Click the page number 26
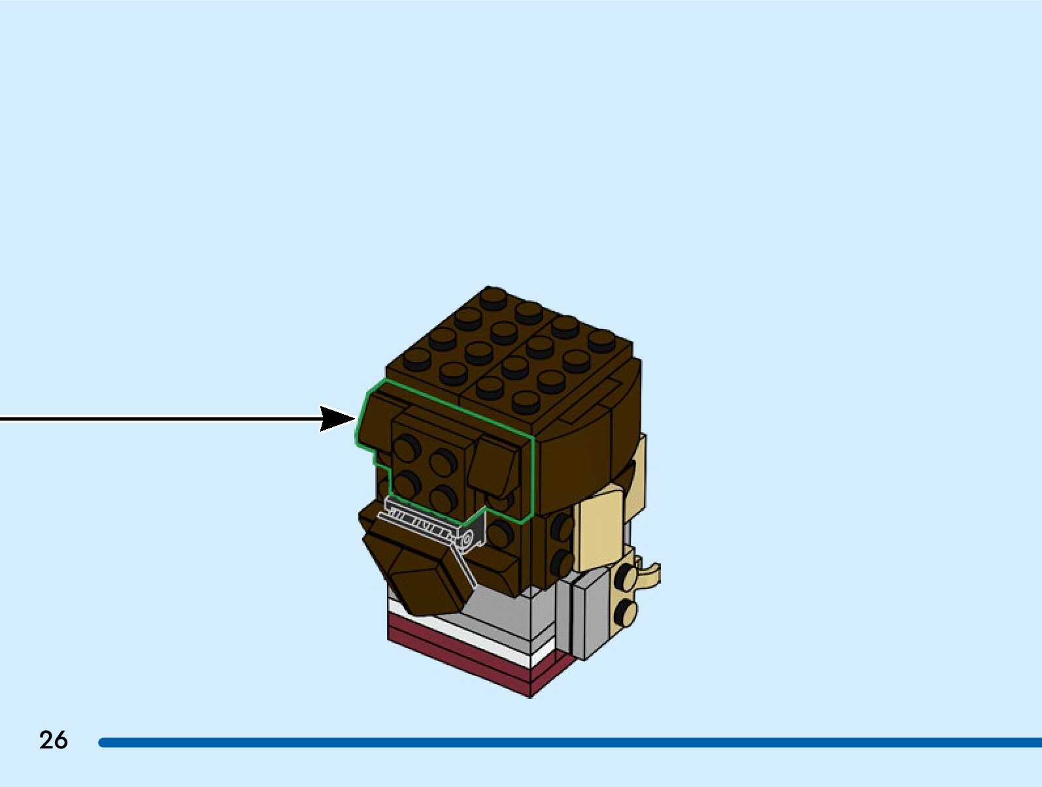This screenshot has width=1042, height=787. click(54, 740)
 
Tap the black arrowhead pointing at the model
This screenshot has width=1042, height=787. click(337, 419)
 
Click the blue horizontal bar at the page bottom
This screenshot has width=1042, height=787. click(569, 743)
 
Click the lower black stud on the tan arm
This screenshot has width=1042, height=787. click(626, 612)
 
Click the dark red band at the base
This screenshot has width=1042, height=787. click(458, 656)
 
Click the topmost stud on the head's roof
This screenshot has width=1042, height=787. click(493, 298)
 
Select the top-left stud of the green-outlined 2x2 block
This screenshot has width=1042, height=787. click(407, 449)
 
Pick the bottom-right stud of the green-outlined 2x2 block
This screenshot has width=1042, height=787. click(444, 496)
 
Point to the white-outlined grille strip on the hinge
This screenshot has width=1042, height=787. click(418, 519)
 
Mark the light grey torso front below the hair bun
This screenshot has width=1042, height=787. click(510, 614)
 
